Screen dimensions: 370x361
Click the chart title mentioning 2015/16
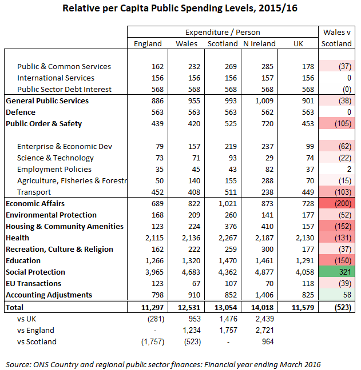pos(180,9)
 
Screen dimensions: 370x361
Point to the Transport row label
pos(34,192)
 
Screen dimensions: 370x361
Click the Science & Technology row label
pos(55,158)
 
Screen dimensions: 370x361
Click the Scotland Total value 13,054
pos(223,307)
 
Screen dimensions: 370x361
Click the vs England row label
pos(35,330)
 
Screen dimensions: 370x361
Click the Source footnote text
pos(163,363)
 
